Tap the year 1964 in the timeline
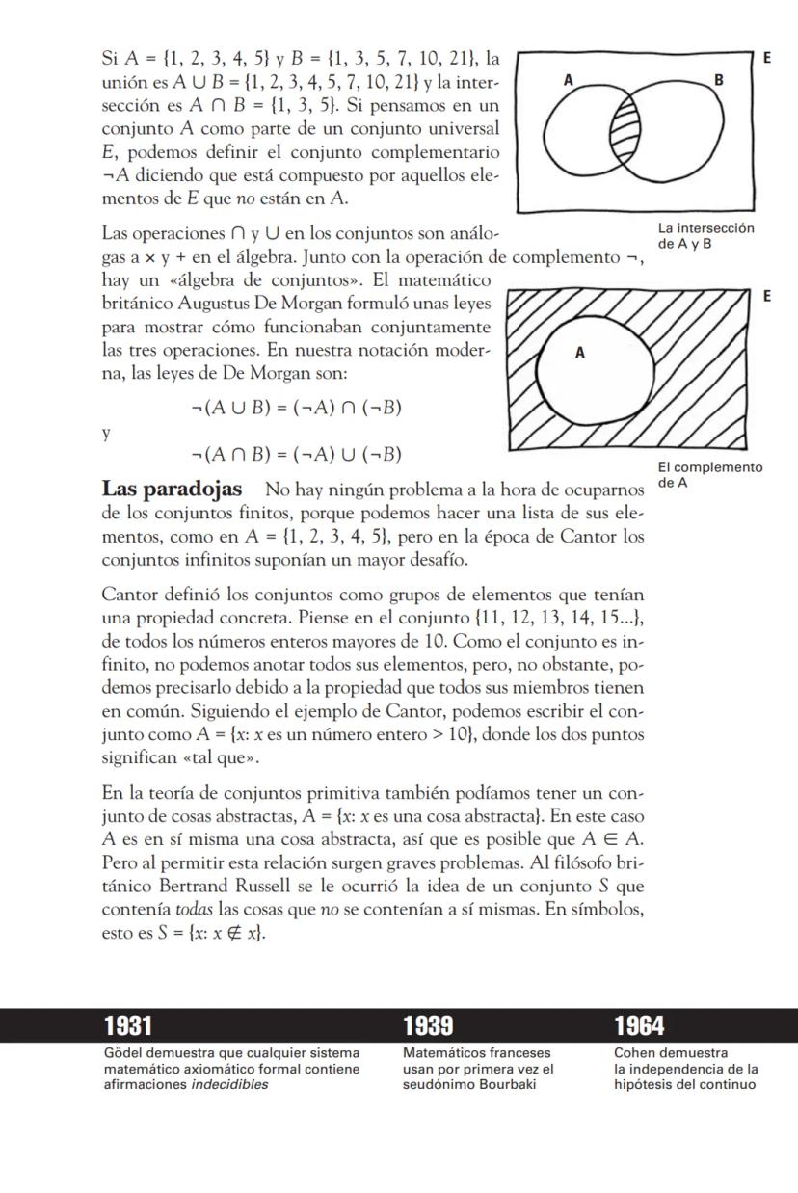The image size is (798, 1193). (x=639, y=1025)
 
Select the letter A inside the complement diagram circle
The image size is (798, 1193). (x=579, y=353)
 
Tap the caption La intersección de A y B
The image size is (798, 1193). (x=705, y=236)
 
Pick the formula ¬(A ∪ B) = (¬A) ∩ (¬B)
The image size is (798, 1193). (x=296, y=408)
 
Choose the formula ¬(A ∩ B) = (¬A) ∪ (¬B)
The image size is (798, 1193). (x=296, y=455)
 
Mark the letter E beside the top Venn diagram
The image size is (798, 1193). (x=768, y=58)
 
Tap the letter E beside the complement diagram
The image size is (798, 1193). (x=768, y=296)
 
